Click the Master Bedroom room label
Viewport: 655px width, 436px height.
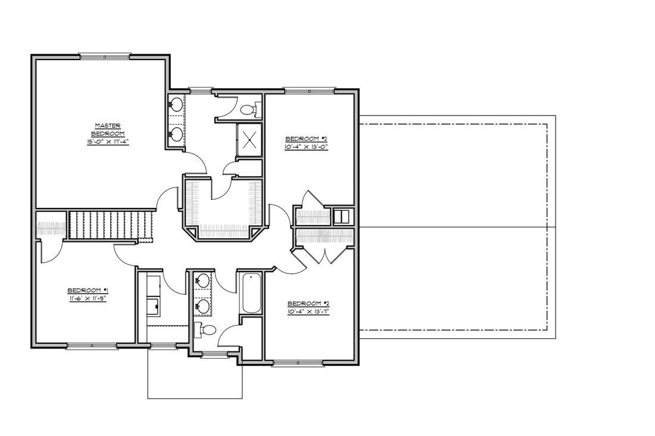(108, 129)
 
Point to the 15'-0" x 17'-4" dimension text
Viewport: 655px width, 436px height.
(108, 142)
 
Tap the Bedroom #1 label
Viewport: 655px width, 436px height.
(88, 290)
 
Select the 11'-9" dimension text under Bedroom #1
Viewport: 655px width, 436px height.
(98, 299)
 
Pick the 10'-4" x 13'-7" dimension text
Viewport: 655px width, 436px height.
(308, 312)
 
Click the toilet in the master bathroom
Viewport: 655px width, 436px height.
(250, 108)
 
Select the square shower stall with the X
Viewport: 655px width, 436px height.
(249, 139)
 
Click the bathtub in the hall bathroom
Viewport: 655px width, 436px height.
(251, 293)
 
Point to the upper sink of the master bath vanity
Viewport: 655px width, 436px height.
(176, 104)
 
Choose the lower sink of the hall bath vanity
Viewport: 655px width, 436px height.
(203, 306)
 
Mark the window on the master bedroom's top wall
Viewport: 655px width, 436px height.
(104, 57)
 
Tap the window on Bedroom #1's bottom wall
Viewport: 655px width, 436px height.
(92, 345)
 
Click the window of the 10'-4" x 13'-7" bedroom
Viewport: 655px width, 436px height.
(298, 363)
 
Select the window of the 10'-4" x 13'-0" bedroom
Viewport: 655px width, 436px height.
(310, 91)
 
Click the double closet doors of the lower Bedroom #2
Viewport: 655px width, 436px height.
(325, 255)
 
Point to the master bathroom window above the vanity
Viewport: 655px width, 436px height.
(201, 91)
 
